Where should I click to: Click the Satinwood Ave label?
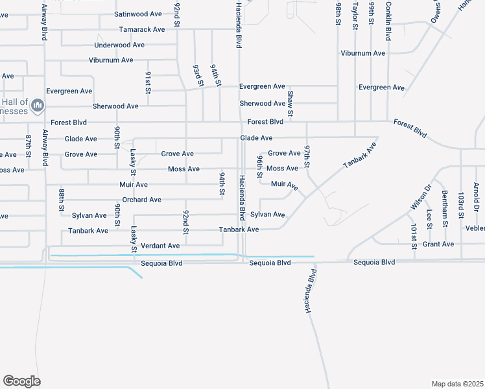pyautogui.click(x=138, y=14)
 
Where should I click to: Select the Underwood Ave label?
pyautogui.click(x=119, y=45)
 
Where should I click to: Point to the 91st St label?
pyautogui.click(x=148, y=83)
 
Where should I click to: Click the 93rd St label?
pyautogui.click(x=198, y=75)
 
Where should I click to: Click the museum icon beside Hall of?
pyautogui.click(x=38, y=104)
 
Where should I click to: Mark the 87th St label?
pyautogui.click(x=29, y=147)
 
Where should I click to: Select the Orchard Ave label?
pyautogui.click(x=141, y=200)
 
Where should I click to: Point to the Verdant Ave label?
pyautogui.click(x=160, y=246)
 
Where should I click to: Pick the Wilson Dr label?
pyautogui.click(x=420, y=197)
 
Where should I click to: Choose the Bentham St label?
pyautogui.click(x=445, y=204)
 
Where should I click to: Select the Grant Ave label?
pyautogui.click(x=438, y=244)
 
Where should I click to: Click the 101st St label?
pyautogui.click(x=414, y=236)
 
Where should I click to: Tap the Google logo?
pyautogui.click(x=21, y=381)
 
